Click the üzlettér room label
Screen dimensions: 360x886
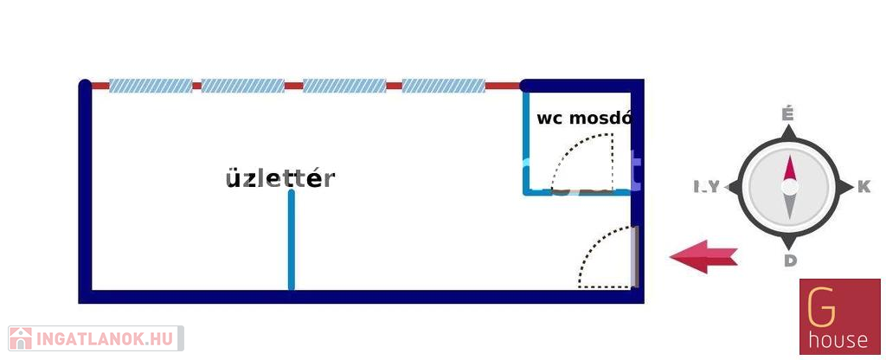[x=279, y=178]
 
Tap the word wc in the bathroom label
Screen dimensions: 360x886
[x=550, y=119]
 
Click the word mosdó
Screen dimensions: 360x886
[x=600, y=119]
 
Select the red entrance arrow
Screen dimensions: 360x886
[x=703, y=257]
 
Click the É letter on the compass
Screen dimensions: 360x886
[x=787, y=114]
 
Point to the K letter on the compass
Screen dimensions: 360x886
[x=863, y=187]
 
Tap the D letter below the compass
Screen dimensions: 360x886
[x=790, y=261]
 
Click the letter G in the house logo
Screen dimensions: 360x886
[x=817, y=308]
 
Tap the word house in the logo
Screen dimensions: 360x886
[x=838, y=339]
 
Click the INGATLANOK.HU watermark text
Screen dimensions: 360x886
[x=105, y=337]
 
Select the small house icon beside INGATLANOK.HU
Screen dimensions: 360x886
[x=21, y=337]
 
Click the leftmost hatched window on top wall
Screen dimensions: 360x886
[x=151, y=86]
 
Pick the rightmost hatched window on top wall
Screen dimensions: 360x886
[x=444, y=86]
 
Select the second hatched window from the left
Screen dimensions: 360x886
[x=243, y=86]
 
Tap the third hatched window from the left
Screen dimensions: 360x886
[x=344, y=86]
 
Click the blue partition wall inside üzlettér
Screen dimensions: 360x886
[x=292, y=241]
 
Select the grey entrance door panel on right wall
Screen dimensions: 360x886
[x=635, y=256]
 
